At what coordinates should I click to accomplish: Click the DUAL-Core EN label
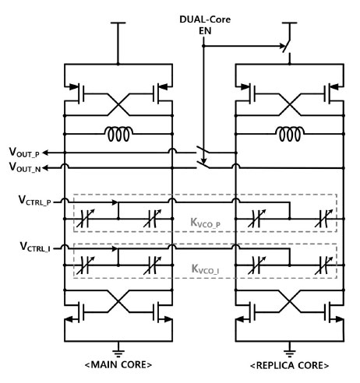[x=205, y=25]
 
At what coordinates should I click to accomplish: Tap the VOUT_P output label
[x=24, y=153]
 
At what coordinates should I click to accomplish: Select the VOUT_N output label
[x=25, y=167]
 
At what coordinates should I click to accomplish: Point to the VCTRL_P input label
[x=34, y=201]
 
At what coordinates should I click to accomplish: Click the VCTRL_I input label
[x=35, y=247]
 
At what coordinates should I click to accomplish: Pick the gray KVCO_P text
[x=206, y=223]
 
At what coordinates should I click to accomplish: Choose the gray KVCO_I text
[x=205, y=269]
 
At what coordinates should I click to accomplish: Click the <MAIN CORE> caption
[x=118, y=365]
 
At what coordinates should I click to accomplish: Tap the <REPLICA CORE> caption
[x=289, y=365]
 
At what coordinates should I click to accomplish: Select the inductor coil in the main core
[x=118, y=134]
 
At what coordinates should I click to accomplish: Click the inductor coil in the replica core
[x=290, y=134]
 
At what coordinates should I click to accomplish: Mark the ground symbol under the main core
[x=118, y=350]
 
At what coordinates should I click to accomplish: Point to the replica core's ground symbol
[x=289, y=350]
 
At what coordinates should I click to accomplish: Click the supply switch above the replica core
[x=288, y=47]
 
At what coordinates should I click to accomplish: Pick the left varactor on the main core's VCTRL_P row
[x=84, y=219]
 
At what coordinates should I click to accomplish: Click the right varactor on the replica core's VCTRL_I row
[x=323, y=265]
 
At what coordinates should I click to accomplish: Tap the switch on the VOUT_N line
[x=203, y=165]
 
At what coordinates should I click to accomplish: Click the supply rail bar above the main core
[x=118, y=23]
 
